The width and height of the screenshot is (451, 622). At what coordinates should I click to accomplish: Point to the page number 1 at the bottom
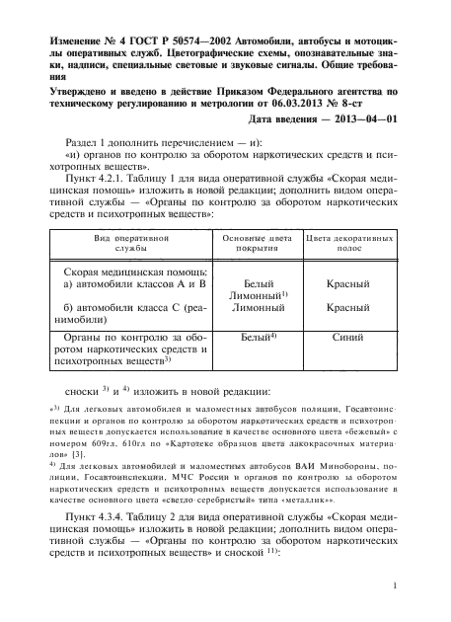coord(394,587)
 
